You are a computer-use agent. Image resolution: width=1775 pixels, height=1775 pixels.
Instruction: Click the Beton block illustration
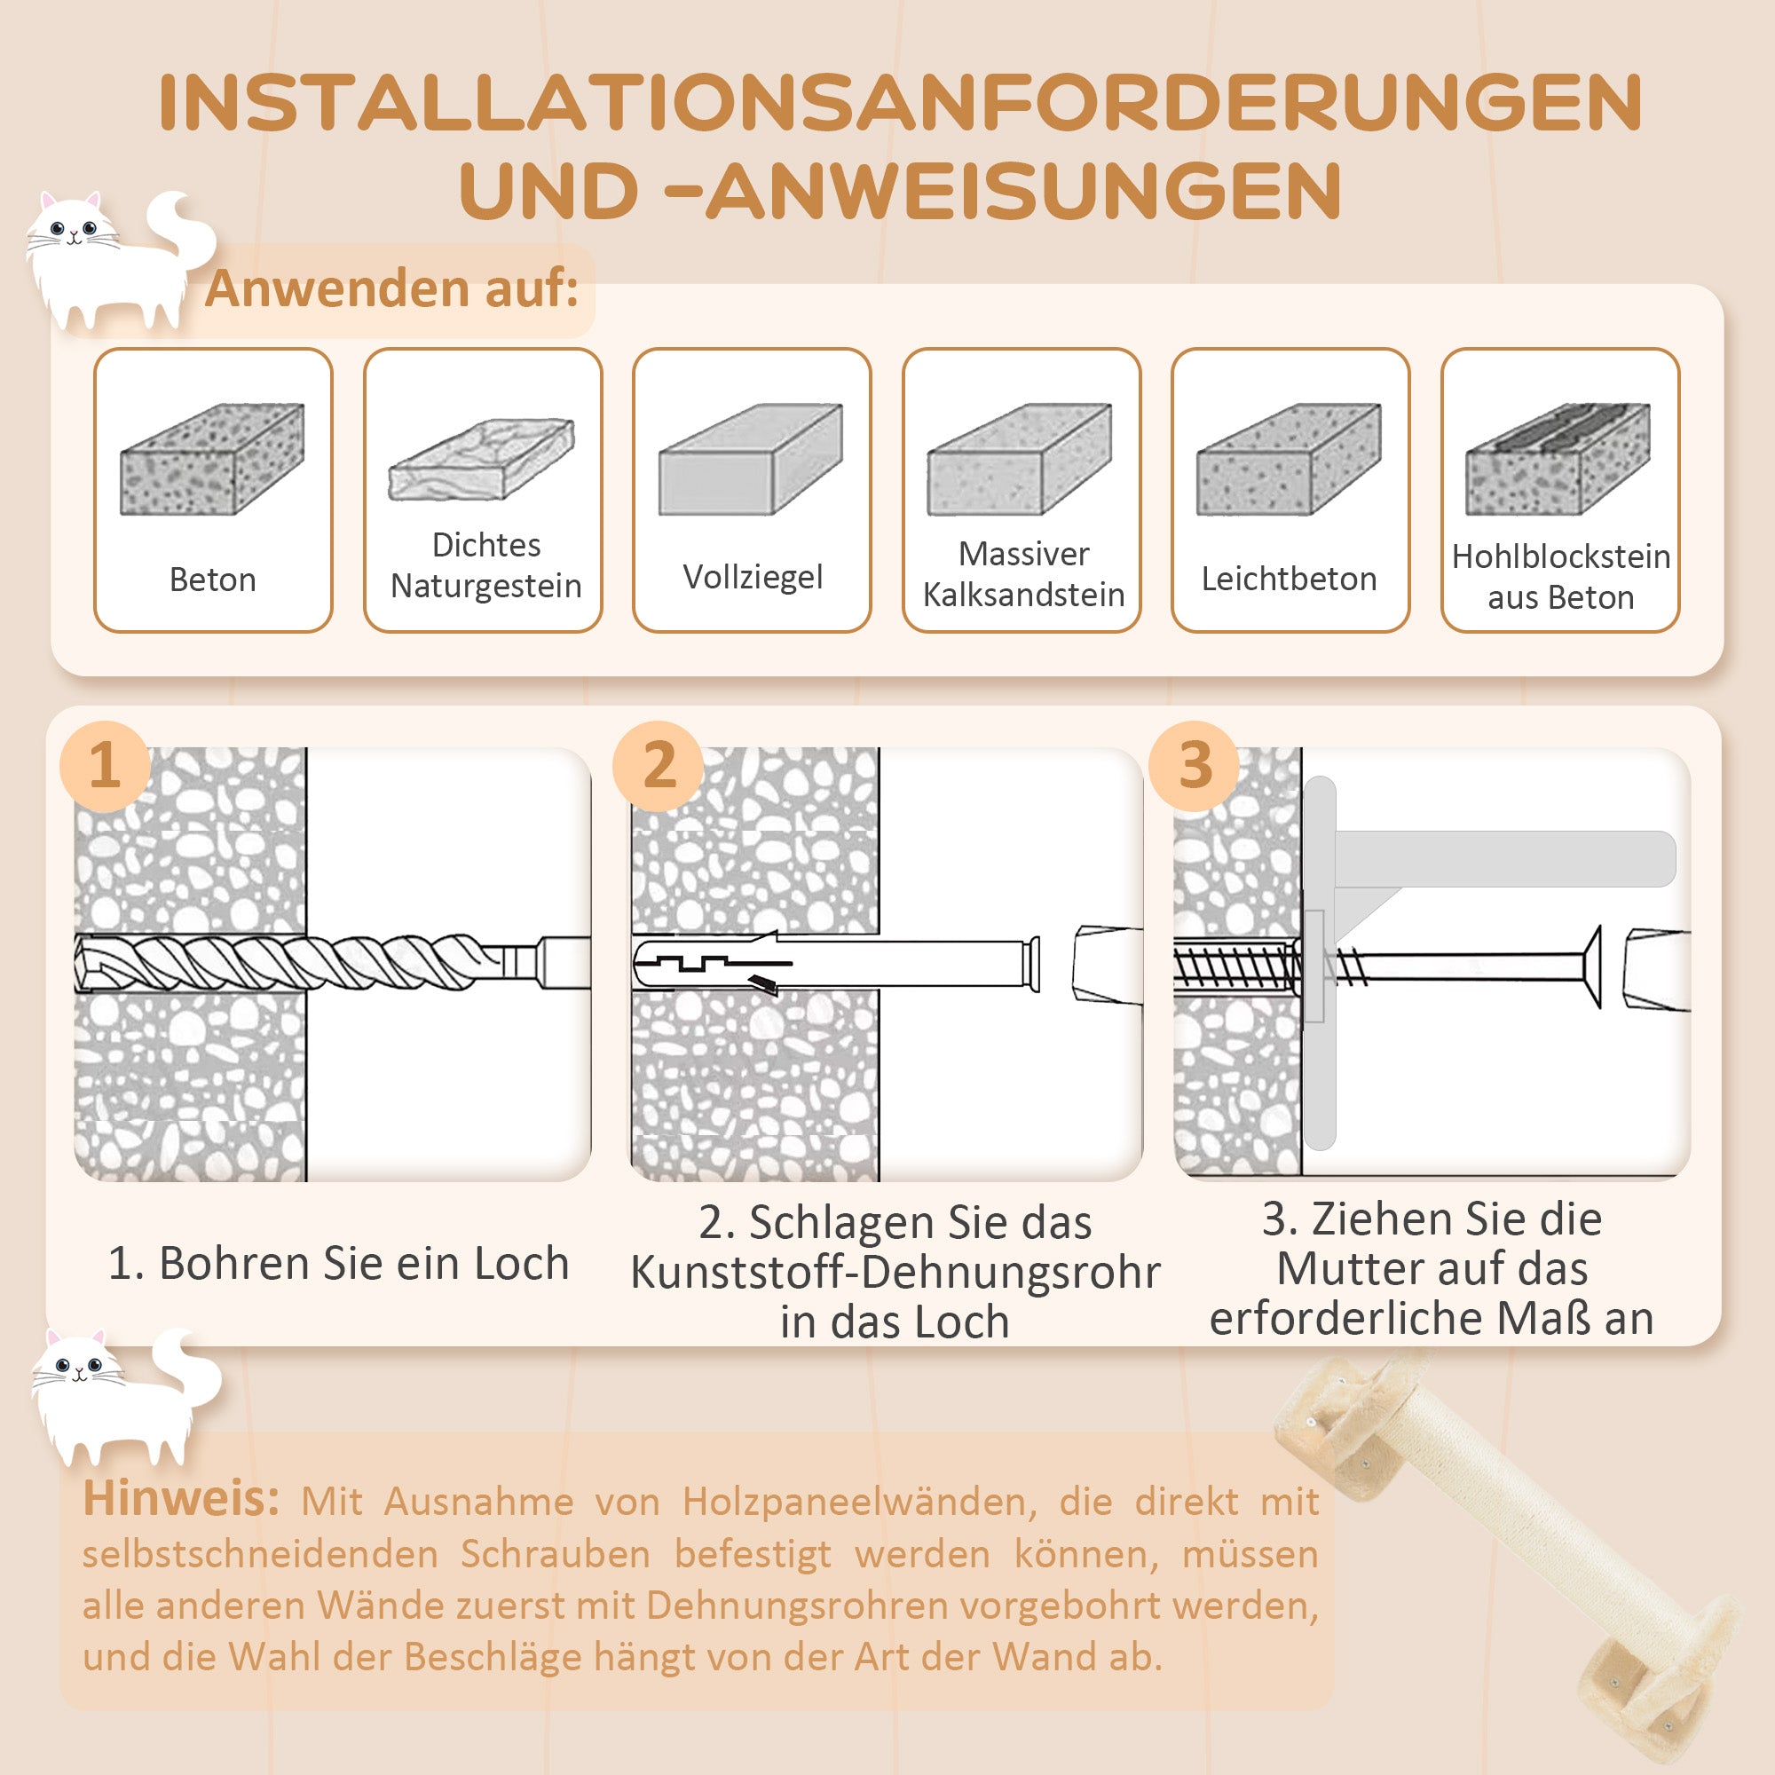point(212,459)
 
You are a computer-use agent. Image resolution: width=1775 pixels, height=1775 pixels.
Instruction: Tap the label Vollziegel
point(753,577)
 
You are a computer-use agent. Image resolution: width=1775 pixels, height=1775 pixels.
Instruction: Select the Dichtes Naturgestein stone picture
point(481,460)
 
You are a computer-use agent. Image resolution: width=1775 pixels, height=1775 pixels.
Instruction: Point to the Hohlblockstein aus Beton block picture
point(1558,459)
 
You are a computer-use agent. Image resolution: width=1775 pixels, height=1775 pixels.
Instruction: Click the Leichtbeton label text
point(1289,579)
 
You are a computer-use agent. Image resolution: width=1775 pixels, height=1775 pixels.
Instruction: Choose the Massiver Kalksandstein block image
point(1020,459)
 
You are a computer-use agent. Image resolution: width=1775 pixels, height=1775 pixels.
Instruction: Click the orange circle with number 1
point(105,765)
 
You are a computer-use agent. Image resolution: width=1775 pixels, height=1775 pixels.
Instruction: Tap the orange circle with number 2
point(659,765)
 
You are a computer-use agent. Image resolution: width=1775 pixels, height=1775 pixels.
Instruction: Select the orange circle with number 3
point(1195,765)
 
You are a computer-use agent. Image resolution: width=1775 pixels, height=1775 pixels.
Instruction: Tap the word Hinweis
point(181,1498)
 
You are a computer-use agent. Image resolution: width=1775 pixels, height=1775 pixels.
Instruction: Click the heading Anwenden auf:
point(391,288)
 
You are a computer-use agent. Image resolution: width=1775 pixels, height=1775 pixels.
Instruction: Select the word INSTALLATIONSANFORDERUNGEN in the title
point(900,103)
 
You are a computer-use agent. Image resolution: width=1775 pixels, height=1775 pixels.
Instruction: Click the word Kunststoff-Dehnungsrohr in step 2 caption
point(895,1273)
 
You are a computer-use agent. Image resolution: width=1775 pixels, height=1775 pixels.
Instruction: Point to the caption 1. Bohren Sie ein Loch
point(338,1263)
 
